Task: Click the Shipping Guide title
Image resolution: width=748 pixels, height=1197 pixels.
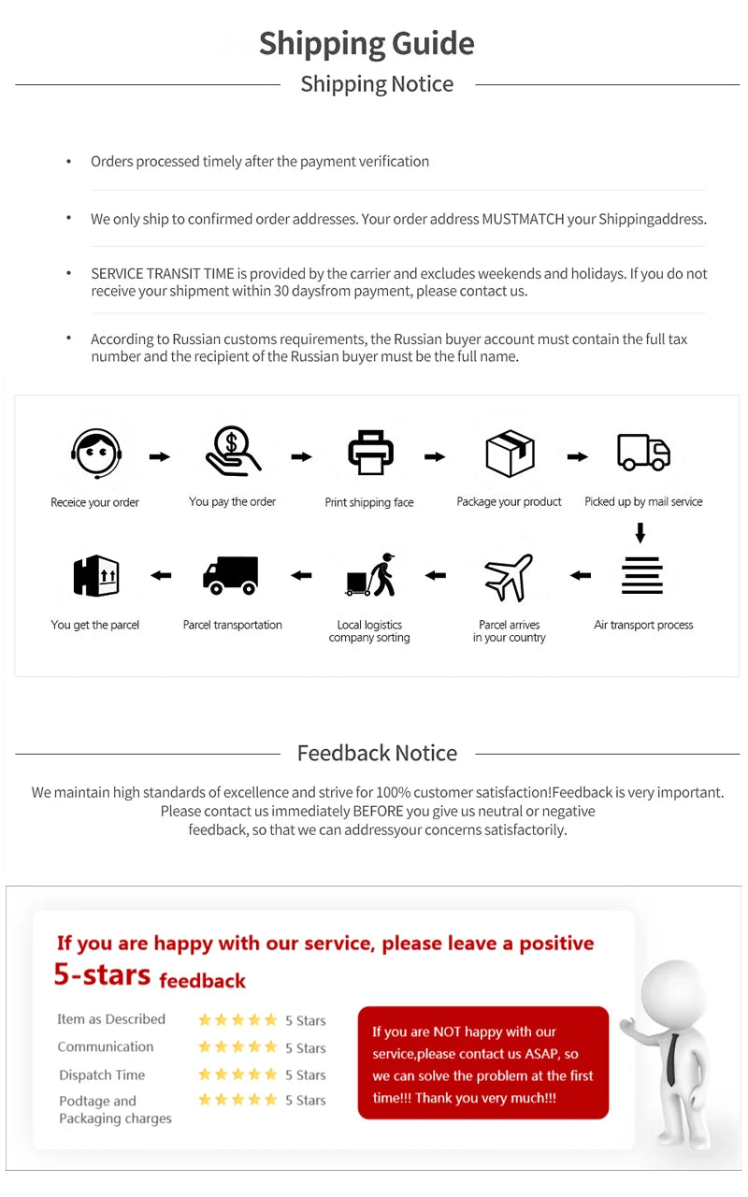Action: click(367, 44)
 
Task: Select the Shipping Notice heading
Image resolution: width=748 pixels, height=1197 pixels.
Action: click(377, 84)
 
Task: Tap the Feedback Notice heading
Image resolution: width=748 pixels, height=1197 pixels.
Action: click(377, 753)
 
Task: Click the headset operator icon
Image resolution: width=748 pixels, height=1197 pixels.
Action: click(95, 454)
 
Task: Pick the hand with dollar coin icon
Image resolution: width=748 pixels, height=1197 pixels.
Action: click(233, 451)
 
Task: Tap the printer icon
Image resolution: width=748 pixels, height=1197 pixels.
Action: click(370, 453)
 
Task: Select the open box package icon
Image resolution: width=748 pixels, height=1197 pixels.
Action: click(510, 453)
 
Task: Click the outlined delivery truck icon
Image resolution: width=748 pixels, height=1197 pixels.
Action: click(643, 453)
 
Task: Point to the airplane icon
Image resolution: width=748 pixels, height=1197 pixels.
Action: click(509, 577)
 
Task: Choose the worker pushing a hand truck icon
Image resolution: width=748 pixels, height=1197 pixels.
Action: click(371, 575)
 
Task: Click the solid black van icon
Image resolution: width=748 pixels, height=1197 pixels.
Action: click(231, 575)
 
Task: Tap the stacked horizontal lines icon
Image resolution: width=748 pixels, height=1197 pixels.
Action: click(642, 575)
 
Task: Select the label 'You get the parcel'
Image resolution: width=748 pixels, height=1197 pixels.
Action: click(94, 625)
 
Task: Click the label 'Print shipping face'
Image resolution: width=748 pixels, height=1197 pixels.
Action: click(369, 502)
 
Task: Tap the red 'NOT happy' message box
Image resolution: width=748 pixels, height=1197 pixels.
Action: click(482, 1063)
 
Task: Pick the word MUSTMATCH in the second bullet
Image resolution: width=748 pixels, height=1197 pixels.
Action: click(523, 220)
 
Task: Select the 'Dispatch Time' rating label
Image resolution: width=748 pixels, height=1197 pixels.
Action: click(102, 1074)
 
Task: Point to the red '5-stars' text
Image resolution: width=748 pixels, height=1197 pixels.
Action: click(102, 974)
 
